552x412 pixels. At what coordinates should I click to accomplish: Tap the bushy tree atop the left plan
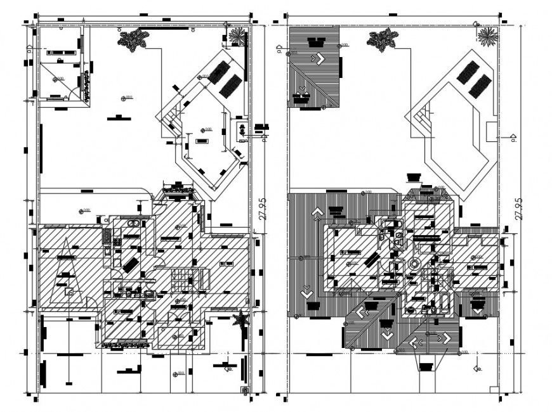pyautogui.click(x=134, y=40)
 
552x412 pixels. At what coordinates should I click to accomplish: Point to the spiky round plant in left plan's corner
pyautogui.click(x=237, y=36)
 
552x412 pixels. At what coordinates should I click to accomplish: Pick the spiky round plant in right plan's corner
pyautogui.click(x=487, y=36)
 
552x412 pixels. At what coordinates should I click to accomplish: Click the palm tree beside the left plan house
pyautogui.click(x=240, y=320)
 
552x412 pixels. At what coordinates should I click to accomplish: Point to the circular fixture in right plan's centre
pyautogui.click(x=414, y=265)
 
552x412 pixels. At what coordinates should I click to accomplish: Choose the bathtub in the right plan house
pyautogui.click(x=442, y=304)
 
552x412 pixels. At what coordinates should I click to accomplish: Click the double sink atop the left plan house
pyautogui.click(x=134, y=224)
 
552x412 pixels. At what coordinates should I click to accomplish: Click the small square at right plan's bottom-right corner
pyautogui.click(x=494, y=389)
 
